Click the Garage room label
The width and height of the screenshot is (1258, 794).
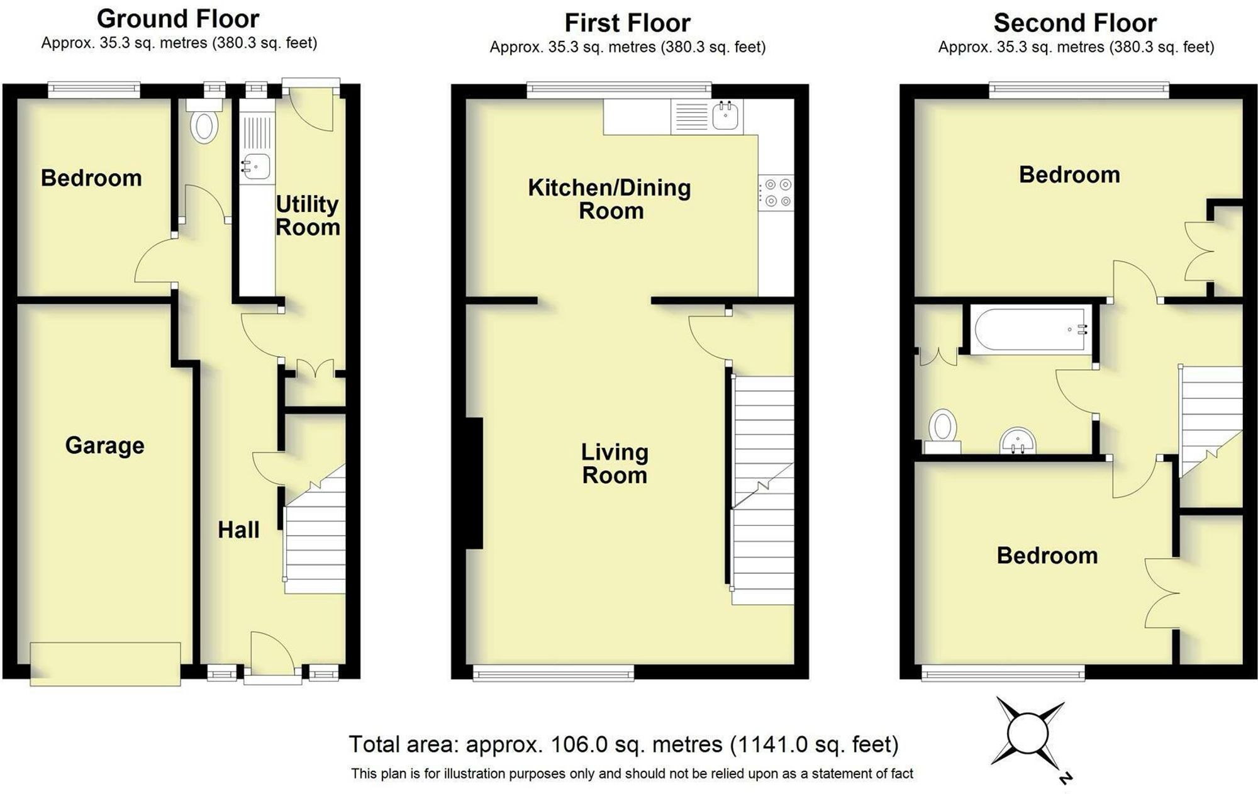(x=104, y=445)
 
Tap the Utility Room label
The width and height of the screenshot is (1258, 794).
(x=308, y=215)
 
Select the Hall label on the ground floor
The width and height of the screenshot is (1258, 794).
(x=238, y=530)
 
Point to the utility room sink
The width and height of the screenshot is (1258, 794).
(x=256, y=167)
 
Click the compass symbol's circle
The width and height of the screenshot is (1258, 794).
(x=1028, y=734)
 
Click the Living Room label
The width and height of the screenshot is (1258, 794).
(x=614, y=463)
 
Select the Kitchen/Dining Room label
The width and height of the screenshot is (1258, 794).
(x=610, y=199)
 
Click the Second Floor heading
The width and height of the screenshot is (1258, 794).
(x=1075, y=23)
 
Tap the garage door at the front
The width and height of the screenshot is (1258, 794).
(x=105, y=663)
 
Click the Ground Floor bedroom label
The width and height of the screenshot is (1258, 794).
(x=91, y=178)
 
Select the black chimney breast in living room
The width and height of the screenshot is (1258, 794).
(x=474, y=483)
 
